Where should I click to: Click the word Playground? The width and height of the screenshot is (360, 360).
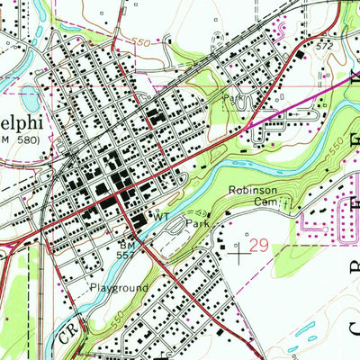tap(118, 288)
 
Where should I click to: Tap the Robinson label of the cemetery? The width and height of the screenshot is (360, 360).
tap(249, 191)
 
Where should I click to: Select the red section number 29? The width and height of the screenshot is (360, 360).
tap(259, 246)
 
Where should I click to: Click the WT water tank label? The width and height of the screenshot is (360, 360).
tap(161, 218)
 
